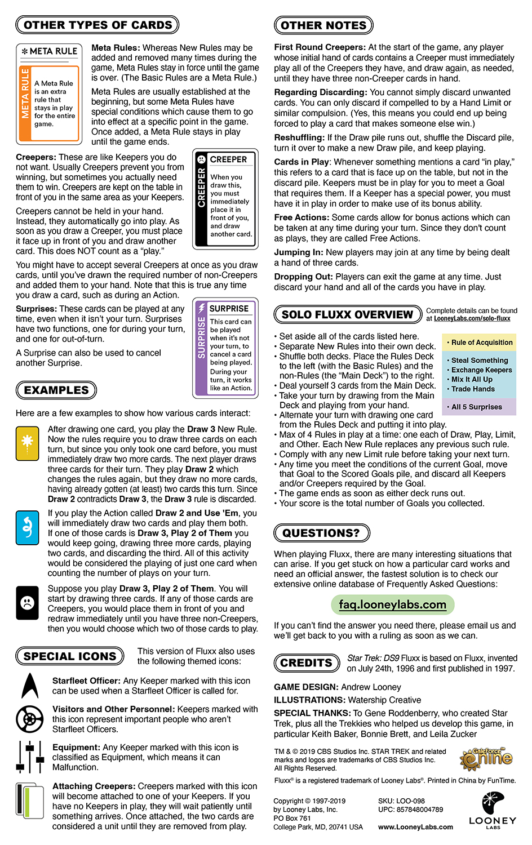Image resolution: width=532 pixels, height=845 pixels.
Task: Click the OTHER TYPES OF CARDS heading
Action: coord(97,25)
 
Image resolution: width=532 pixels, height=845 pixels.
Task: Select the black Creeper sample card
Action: coord(225,198)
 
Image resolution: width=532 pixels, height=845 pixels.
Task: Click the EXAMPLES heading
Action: coord(56,390)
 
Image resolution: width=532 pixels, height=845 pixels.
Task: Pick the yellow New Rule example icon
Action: coord(27,443)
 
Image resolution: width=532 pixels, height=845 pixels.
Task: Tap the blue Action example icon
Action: coord(27,528)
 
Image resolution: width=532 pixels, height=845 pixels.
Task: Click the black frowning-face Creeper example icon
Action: coord(27,603)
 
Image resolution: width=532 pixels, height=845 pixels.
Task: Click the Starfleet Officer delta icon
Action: coord(29,686)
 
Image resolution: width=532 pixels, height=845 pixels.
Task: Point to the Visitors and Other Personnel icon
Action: coord(29,719)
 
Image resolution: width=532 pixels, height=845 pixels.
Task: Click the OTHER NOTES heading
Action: coord(323,25)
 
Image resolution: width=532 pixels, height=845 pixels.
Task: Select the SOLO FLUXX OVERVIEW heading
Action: coord(348,314)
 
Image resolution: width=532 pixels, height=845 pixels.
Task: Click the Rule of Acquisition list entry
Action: coord(482,343)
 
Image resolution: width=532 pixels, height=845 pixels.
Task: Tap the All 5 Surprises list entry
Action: coord(476,407)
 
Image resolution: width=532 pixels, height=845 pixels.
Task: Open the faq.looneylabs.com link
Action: coord(393,604)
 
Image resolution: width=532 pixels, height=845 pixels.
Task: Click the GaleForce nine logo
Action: coord(486,759)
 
